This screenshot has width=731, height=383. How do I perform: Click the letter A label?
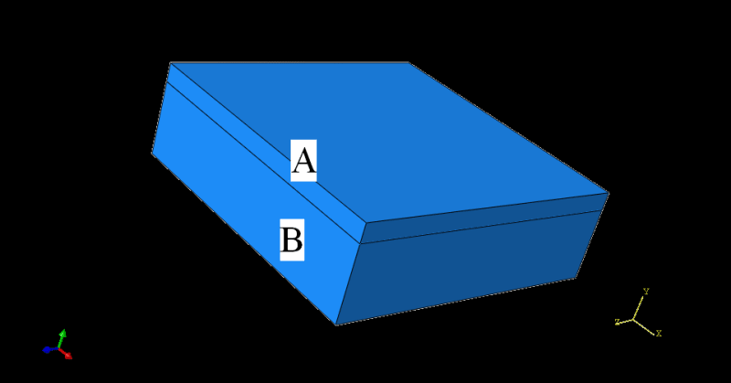[303, 161]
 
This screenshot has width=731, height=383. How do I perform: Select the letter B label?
[291, 240]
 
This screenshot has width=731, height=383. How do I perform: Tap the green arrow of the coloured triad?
[61, 335]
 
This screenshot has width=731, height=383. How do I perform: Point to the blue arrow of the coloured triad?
[48, 349]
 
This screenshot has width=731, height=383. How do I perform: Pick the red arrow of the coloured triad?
[67, 354]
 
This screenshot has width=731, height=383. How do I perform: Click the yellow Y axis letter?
[646, 292]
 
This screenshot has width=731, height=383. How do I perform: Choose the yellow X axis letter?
[658, 334]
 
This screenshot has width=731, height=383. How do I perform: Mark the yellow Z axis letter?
[618, 322]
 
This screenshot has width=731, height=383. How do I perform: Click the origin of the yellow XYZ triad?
[635, 319]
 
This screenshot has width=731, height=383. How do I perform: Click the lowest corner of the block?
[336, 324]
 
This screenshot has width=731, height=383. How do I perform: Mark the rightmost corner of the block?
[609, 193]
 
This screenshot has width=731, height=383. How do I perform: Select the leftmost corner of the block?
[152, 153]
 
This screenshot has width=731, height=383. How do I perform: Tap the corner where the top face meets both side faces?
[365, 222]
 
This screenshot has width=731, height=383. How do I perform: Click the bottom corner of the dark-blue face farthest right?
[576, 277]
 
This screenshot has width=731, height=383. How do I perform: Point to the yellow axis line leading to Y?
[640, 307]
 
